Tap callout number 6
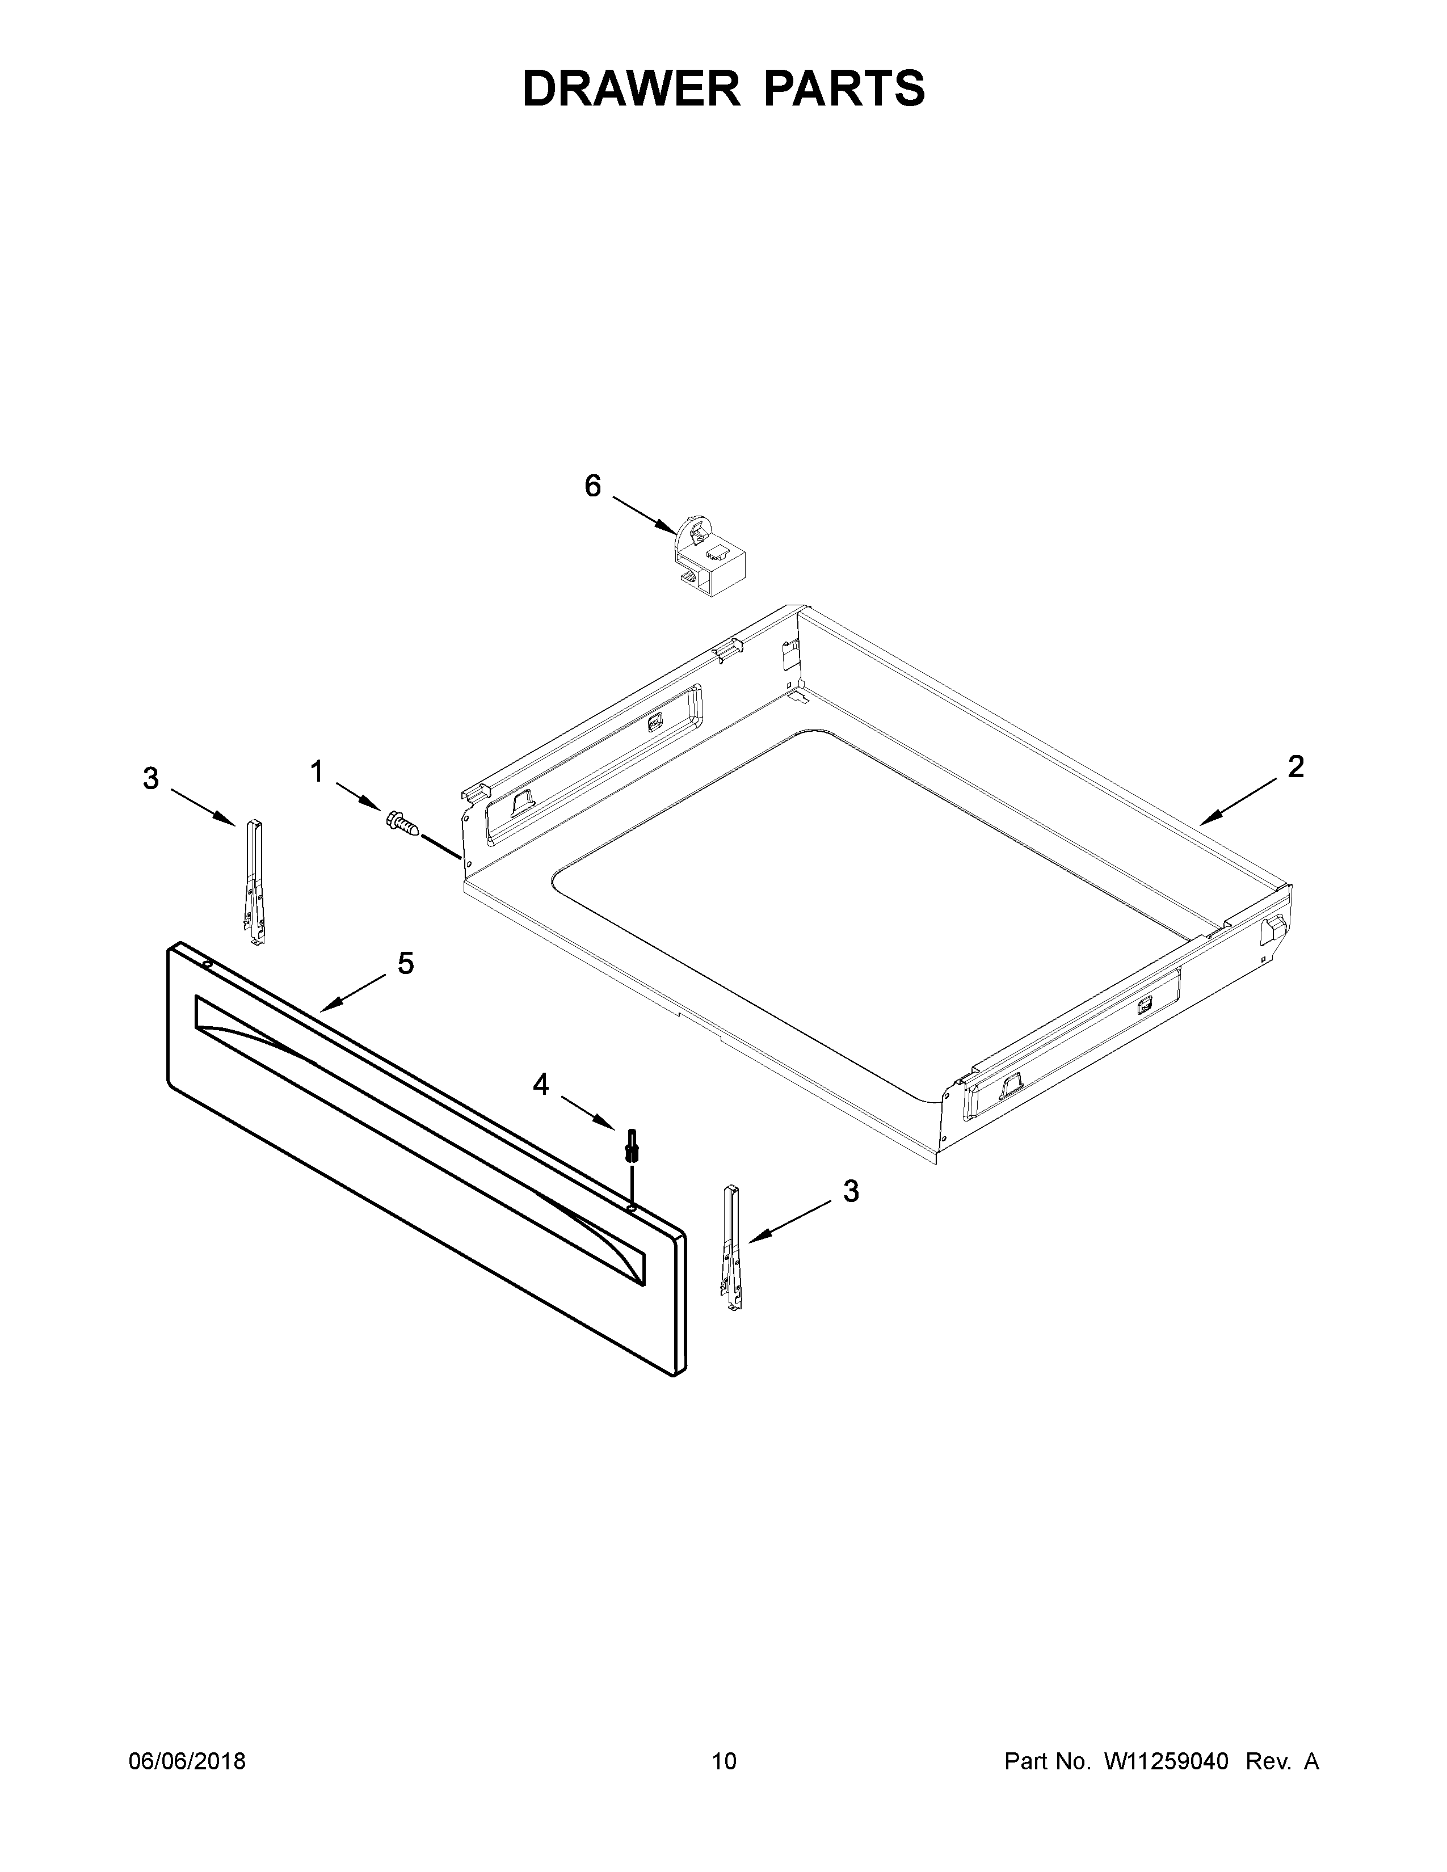click(x=592, y=486)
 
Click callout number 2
click(x=1295, y=766)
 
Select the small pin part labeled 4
click(x=633, y=1145)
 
